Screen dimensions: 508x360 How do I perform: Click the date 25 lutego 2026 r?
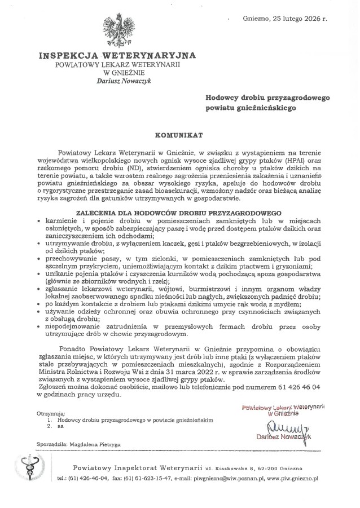(x=297, y=18)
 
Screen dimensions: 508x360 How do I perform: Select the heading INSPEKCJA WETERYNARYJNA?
(x=117, y=56)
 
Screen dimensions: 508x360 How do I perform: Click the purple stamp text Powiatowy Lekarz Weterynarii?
(x=277, y=407)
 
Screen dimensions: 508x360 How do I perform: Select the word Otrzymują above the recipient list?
(x=50, y=413)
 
